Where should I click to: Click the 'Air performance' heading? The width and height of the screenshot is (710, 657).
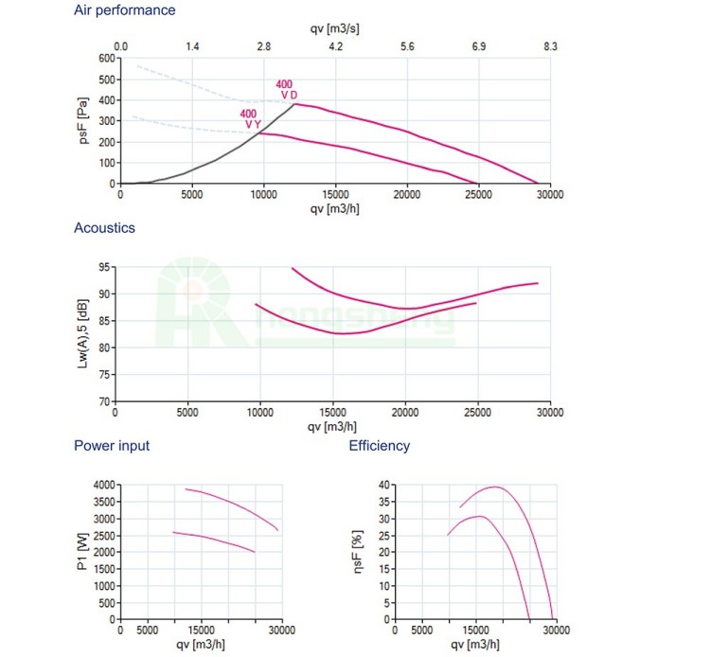[x=124, y=10]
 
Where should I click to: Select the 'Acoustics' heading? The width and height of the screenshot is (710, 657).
[x=104, y=228]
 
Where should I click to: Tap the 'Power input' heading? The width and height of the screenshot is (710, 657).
[x=112, y=446]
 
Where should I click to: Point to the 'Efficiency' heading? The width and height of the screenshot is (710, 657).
[x=380, y=446]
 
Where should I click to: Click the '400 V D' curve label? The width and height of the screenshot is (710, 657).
[x=285, y=90]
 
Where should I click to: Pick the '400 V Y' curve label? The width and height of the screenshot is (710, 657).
[x=250, y=119]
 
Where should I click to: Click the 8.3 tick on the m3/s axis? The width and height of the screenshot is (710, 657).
[x=551, y=46]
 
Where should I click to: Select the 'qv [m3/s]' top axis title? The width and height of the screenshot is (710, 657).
[x=334, y=28]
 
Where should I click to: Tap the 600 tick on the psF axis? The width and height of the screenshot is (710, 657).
[x=103, y=58]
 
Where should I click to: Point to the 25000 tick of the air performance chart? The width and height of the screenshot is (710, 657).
[x=478, y=194]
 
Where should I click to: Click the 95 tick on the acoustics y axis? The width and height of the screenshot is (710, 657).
[x=103, y=267]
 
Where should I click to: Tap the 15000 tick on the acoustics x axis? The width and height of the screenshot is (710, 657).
[x=332, y=413]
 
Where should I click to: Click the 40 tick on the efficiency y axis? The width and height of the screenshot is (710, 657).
[x=383, y=485]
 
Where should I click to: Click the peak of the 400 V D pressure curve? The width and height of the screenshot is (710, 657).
[x=295, y=103]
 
